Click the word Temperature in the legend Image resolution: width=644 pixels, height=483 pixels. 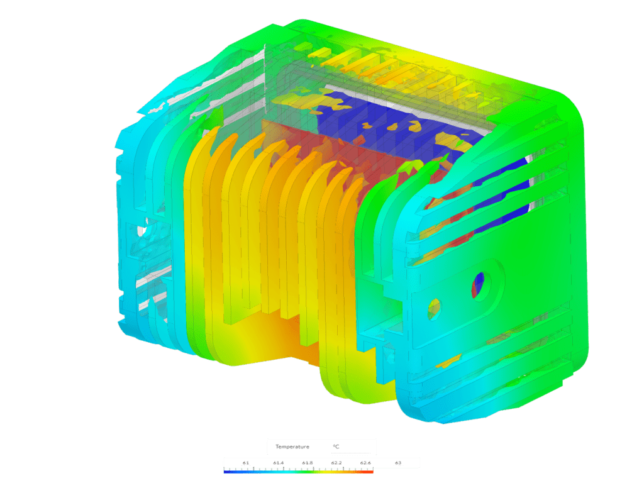tap(292, 447)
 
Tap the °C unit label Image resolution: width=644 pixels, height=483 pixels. tap(336, 447)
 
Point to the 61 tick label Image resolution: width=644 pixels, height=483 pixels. tap(245, 463)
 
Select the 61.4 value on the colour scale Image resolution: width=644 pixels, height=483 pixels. tap(279, 463)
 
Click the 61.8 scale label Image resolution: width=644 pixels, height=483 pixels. tap(308, 463)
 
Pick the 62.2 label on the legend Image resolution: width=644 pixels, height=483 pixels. tap(336, 463)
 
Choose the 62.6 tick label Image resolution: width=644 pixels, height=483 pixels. tap(365, 463)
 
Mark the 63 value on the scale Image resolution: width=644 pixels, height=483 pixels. tap(397, 463)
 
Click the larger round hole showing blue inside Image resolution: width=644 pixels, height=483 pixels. tap(483, 285)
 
